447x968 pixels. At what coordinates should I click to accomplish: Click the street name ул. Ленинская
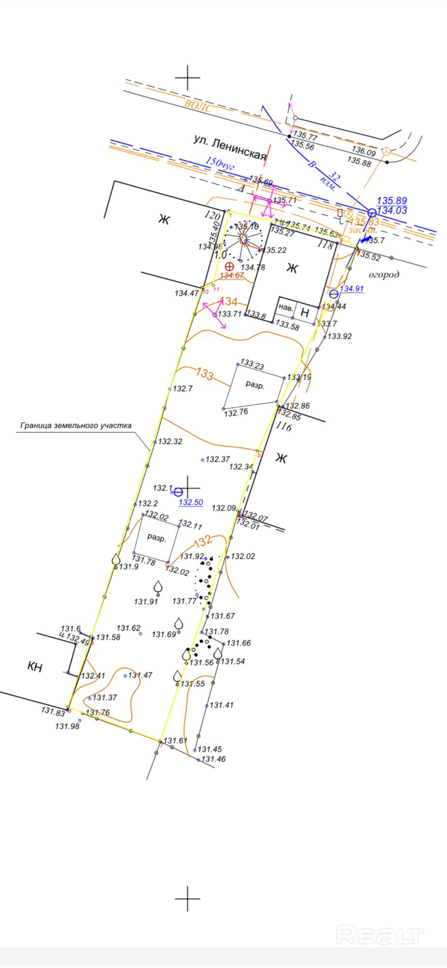click(230, 147)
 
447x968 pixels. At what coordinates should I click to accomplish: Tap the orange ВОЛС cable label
click(198, 105)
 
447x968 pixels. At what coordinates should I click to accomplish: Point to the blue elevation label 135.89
click(391, 201)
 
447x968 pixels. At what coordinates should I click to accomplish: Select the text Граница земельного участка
click(76, 426)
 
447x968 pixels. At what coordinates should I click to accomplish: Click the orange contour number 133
click(205, 374)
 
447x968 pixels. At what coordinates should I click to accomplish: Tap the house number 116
click(284, 427)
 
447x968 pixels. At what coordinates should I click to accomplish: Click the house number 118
click(326, 245)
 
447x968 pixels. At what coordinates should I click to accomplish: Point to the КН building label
click(35, 667)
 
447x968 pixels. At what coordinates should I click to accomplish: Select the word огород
click(384, 275)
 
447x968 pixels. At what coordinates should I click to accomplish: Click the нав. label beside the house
click(286, 308)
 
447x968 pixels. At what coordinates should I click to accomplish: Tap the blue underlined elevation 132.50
click(191, 503)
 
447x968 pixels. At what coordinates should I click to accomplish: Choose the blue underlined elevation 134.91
click(352, 289)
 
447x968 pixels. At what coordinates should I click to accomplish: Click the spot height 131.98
click(67, 726)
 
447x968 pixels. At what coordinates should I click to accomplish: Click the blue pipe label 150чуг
click(220, 163)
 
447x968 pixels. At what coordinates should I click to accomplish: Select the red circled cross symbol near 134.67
click(229, 267)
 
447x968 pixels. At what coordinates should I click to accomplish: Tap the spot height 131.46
click(213, 759)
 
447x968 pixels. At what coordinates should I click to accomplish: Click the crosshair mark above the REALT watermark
click(187, 898)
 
